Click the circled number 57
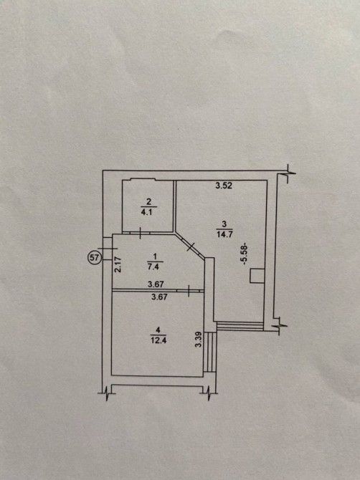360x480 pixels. pyautogui.click(x=94, y=258)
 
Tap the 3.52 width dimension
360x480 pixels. pyautogui.click(x=224, y=186)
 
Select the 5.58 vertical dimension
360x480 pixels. pyautogui.click(x=245, y=254)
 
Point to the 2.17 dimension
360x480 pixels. pyautogui.click(x=118, y=264)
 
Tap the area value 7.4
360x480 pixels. pyautogui.click(x=156, y=267)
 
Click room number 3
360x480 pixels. pyautogui.click(x=224, y=224)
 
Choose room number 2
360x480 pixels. pyautogui.click(x=149, y=201)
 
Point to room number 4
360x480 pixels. pyautogui.click(x=158, y=330)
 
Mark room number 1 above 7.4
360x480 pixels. pyautogui.click(x=156, y=256)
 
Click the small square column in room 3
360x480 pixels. pyautogui.click(x=257, y=276)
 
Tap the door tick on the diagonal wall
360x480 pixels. pyautogui.click(x=191, y=246)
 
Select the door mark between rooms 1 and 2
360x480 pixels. pyautogui.click(x=140, y=233)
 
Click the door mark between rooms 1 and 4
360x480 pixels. pyautogui.click(x=189, y=290)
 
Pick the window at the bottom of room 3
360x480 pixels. pyautogui.click(x=240, y=326)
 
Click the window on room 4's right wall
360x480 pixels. pyautogui.click(x=211, y=352)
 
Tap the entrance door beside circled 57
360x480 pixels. pyautogui.click(x=108, y=249)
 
